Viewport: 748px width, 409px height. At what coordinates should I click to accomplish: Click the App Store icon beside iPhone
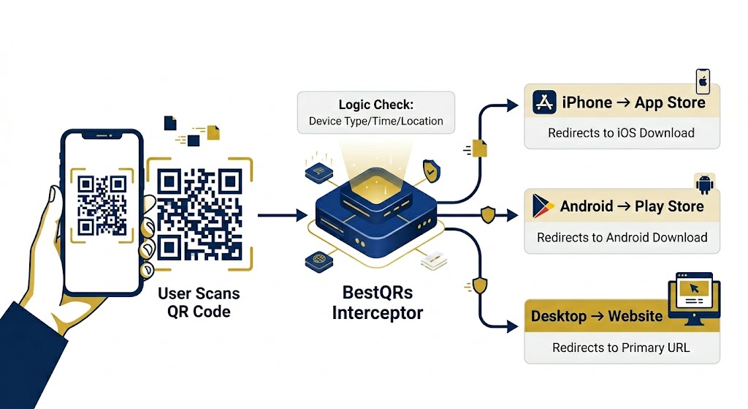[544, 102]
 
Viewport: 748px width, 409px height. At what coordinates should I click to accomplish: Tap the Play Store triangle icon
[543, 206]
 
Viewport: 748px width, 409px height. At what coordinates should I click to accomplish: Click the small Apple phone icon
[703, 82]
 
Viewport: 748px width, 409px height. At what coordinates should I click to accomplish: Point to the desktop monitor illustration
[694, 298]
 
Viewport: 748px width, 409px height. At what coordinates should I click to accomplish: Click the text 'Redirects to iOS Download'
[621, 133]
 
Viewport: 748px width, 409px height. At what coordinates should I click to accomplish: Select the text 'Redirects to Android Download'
[622, 238]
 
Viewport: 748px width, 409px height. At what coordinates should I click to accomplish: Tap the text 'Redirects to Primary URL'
[621, 348]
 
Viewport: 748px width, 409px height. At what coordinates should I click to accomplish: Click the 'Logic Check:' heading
[376, 105]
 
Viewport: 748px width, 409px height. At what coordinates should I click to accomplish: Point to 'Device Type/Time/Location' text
[376, 121]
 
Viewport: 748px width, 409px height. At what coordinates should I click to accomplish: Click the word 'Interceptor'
[378, 313]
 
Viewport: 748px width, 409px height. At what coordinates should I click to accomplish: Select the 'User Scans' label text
[199, 293]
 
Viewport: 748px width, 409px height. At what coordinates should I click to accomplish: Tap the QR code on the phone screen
[102, 206]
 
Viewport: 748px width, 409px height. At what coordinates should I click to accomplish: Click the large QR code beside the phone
[199, 214]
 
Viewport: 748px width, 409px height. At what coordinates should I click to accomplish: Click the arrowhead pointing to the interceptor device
[302, 216]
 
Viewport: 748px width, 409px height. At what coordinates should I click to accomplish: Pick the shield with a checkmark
[431, 171]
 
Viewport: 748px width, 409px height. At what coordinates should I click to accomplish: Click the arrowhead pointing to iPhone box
[513, 105]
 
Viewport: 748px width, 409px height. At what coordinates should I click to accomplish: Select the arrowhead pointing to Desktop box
[513, 327]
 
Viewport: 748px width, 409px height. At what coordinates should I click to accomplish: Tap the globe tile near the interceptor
[318, 261]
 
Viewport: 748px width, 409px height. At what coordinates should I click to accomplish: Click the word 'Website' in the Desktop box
[635, 316]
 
